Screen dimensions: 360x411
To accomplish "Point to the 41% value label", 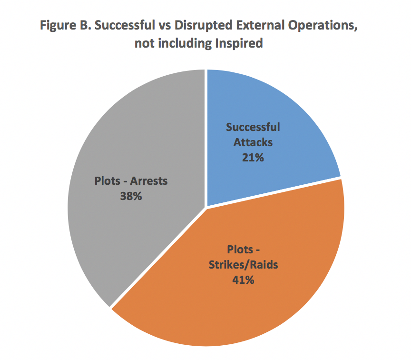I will (x=243, y=280).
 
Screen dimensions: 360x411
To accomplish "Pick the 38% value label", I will (x=131, y=196).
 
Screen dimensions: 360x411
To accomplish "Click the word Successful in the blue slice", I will (x=253, y=128).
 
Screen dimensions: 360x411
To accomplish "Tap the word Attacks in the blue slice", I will (x=253, y=142).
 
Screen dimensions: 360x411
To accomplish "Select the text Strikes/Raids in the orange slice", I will (x=243, y=265).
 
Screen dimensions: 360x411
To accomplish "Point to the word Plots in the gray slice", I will (x=108, y=181).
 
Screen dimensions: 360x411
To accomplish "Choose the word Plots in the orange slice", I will (x=239, y=250).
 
